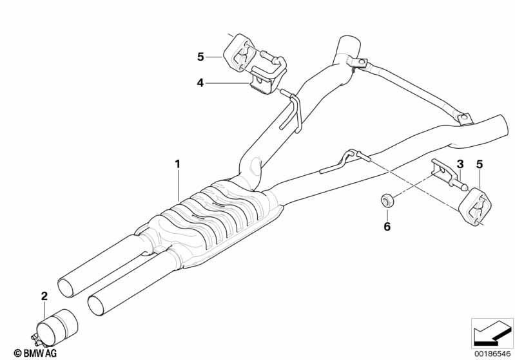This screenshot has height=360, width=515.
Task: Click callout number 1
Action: [177, 164]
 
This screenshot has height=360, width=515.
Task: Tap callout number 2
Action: [44, 296]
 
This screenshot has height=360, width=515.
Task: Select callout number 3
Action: [460, 164]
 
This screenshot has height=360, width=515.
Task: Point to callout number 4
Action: [200, 83]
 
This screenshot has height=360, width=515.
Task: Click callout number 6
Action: [387, 227]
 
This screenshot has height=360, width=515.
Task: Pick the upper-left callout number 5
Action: [200, 57]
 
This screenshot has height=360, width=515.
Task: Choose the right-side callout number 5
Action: [480, 164]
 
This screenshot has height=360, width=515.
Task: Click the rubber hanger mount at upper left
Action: [238, 53]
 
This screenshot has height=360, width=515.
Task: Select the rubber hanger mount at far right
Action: [475, 207]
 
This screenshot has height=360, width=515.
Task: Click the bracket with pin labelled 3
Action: [449, 176]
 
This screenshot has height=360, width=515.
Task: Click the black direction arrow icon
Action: [491, 334]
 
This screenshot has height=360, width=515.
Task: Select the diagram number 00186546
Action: [492, 354]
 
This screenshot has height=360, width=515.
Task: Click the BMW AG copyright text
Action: [35, 353]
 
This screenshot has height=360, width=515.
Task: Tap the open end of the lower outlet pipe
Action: [98, 305]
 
